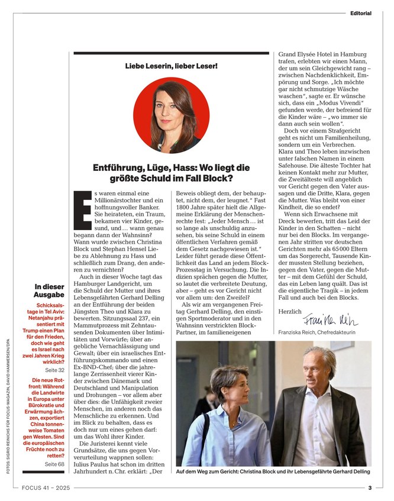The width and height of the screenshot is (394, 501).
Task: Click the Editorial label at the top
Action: coord(360,12)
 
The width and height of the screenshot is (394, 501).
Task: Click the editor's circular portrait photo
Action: coord(171,115)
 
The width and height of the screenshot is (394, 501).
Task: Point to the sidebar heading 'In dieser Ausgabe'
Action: coord(49,290)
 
